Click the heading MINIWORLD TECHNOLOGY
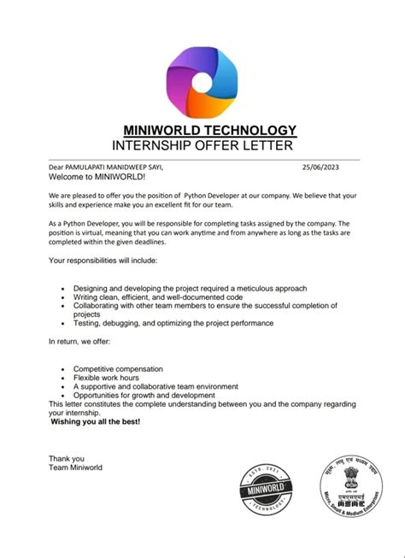pos(209,130)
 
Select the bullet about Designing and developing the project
pos(190,289)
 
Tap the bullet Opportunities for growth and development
pos(144,396)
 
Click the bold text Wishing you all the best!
pos(95,422)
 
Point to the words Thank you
pos(67,459)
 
